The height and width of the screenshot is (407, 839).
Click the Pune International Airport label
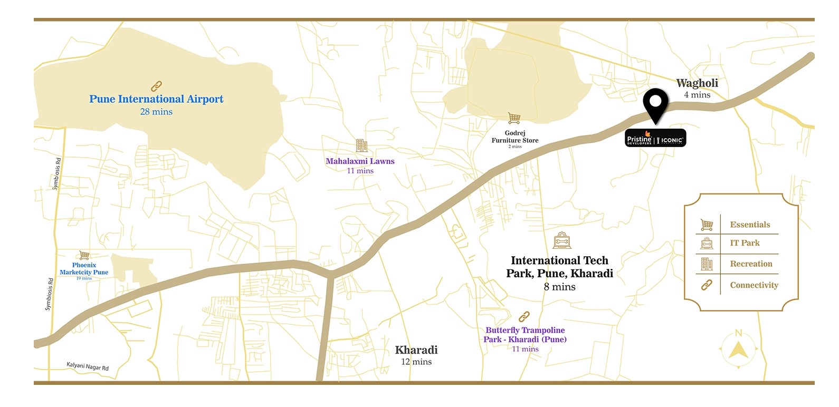tap(156, 99)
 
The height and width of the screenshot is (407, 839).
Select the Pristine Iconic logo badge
tap(655, 139)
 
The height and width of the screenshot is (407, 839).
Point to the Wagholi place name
tap(697, 83)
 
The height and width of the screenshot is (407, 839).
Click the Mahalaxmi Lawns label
tap(360, 161)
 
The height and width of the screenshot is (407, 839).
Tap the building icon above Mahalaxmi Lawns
tap(361, 146)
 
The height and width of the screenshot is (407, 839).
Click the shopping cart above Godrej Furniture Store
tap(514, 118)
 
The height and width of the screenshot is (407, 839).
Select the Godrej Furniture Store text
tap(515, 137)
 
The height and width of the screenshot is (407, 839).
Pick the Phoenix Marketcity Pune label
tap(84, 269)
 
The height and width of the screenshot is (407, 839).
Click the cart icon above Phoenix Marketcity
tap(84, 256)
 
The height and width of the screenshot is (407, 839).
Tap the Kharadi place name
tap(416, 350)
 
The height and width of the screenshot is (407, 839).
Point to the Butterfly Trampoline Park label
tap(525, 335)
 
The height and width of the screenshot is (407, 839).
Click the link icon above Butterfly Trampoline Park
tap(524, 316)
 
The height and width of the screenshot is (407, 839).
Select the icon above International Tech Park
tap(562, 240)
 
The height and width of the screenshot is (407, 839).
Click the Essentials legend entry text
tap(750, 225)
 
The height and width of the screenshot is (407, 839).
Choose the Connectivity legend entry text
tap(754, 285)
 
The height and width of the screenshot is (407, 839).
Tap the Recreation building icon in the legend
tap(707, 264)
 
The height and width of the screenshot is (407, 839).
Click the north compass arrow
tap(738, 348)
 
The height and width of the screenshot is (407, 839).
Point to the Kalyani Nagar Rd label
tap(88, 366)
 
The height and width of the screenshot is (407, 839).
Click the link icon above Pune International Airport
tap(156, 86)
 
